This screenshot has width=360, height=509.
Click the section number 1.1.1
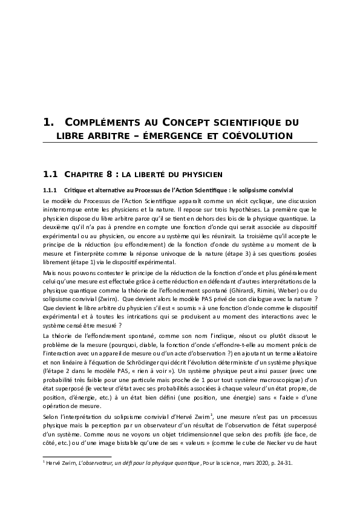(x=49, y=190)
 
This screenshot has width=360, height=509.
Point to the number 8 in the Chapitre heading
(x=108, y=175)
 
